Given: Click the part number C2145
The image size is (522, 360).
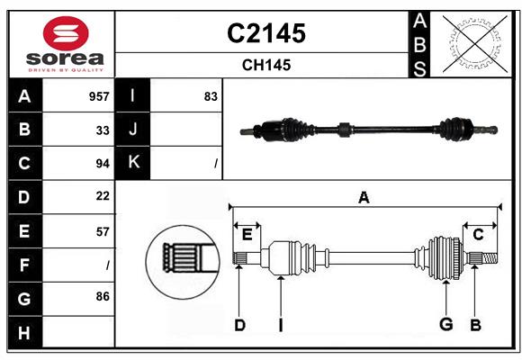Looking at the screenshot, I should click(265, 33).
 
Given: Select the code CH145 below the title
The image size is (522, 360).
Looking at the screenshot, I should click(265, 65).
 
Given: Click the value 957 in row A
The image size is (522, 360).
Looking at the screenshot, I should click(99, 96).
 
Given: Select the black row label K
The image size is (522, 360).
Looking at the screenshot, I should click(133, 163).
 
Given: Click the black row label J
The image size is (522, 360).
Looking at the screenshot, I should click(133, 130).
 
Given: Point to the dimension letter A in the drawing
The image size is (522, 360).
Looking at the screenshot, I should click(364, 197).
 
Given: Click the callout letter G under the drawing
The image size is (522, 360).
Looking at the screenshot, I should click(445, 325).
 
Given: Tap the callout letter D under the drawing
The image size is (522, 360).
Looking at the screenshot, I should click(239, 325).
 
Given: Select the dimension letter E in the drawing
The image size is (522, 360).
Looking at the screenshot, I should click(247, 234).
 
